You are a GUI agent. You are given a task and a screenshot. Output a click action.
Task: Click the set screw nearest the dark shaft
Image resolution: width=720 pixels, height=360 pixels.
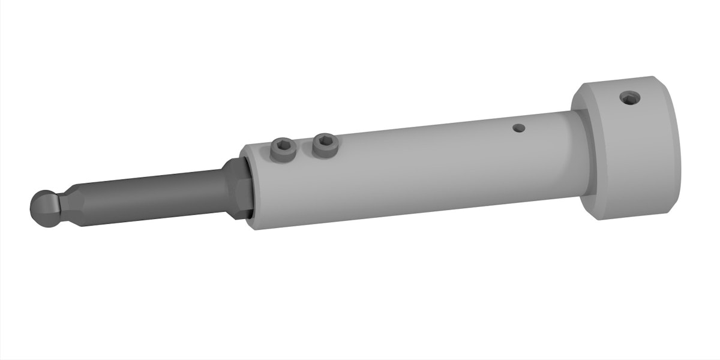283,149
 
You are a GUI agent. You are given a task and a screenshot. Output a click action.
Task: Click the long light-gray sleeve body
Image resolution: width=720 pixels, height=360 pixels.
408,174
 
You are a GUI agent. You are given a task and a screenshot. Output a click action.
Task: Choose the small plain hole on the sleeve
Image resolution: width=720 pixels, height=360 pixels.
519,127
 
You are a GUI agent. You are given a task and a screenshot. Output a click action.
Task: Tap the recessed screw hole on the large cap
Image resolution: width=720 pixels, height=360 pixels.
629,97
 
